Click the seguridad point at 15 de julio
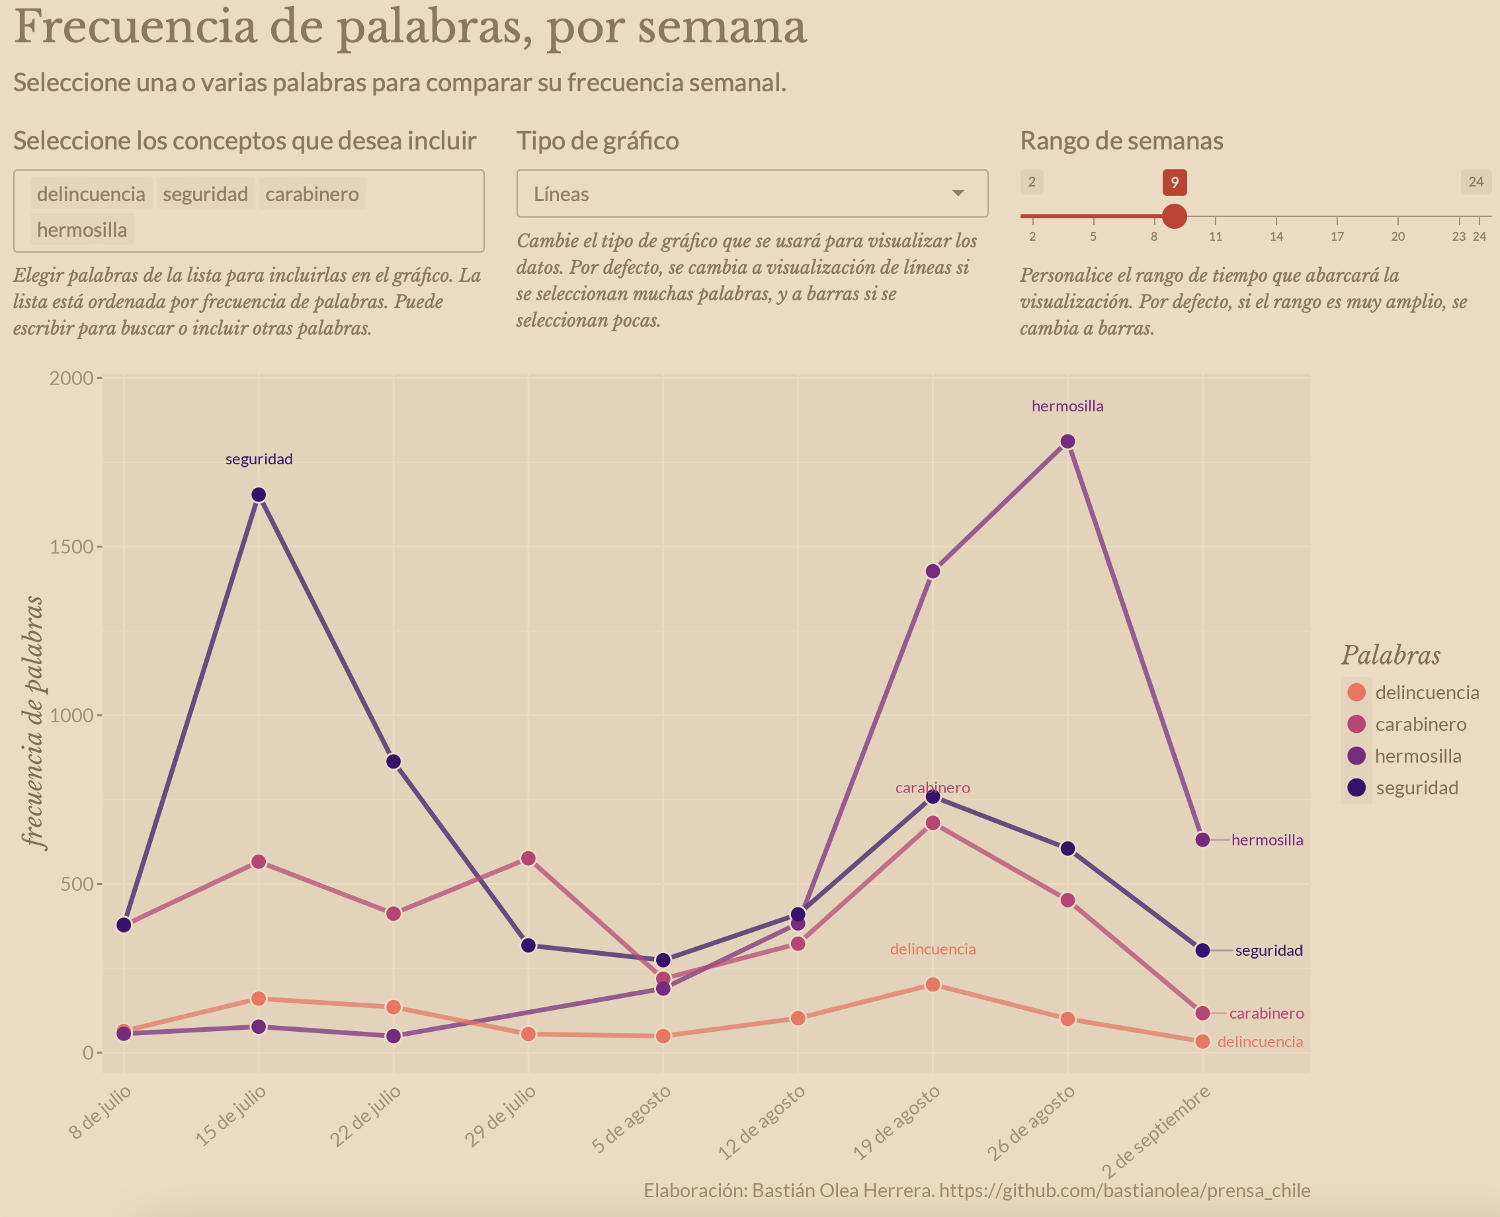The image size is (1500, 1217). pos(259,495)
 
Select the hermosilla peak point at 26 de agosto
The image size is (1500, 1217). pos(1067,442)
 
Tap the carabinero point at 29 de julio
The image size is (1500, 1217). pos(528,859)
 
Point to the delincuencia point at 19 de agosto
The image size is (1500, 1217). pos(933,985)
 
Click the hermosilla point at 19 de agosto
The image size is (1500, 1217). pos(933,571)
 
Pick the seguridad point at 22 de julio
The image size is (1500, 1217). pos(394,761)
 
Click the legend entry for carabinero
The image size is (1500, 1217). pos(1420,724)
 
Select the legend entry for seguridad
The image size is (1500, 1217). pos(1416,788)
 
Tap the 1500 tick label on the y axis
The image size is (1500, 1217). pos(71,547)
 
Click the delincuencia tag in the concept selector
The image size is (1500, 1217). pos(91,194)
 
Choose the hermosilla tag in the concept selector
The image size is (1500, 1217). pos(82,230)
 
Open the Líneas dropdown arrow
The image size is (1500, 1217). pos(958,194)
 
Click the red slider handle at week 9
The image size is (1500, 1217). pos(1174,216)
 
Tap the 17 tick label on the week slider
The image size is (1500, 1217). pos(1337,237)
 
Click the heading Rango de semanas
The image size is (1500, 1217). pos(1122,141)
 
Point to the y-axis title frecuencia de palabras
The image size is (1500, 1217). pos(33,722)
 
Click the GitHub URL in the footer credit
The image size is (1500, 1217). pos(1124,1191)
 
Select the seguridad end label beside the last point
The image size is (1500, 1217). pos(1269,950)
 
